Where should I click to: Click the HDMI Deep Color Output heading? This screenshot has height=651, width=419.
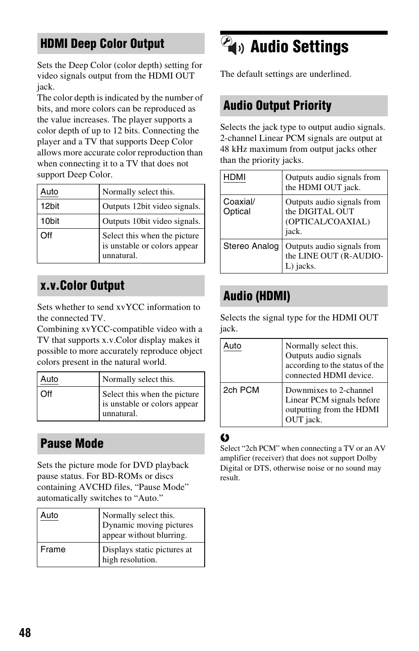point(102,43)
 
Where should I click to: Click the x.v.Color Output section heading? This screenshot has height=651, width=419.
point(83,286)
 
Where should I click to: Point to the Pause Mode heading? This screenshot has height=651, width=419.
point(72,443)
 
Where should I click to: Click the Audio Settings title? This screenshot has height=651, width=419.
point(300,47)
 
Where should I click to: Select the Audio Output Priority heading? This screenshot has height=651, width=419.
point(278,106)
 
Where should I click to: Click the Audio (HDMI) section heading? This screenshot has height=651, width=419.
point(257,296)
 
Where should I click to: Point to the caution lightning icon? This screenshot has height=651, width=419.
point(224,438)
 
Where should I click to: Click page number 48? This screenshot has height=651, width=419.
point(25,633)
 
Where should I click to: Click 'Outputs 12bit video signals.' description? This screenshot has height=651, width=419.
point(152,206)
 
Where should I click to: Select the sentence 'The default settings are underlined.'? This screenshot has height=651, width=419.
point(285,74)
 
